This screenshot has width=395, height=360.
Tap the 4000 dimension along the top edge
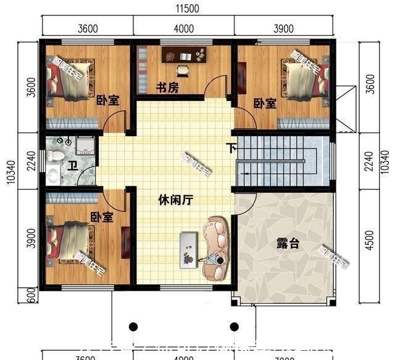click(184, 28)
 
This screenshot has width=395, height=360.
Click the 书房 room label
click(166, 88)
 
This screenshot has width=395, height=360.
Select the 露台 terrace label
click(287, 244)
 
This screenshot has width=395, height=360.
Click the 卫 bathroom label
click(72, 165)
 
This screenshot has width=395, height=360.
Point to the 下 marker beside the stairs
click(230, 149)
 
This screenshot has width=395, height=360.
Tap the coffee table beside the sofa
click(188, 250)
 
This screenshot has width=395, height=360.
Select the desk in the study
click(185, 55)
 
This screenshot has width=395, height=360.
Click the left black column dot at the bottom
click(132, 326)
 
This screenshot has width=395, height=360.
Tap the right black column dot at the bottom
click(234, 326)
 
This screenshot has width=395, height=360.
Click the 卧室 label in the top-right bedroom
click(265, 104)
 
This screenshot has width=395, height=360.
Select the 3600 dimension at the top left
click(88, 28)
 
